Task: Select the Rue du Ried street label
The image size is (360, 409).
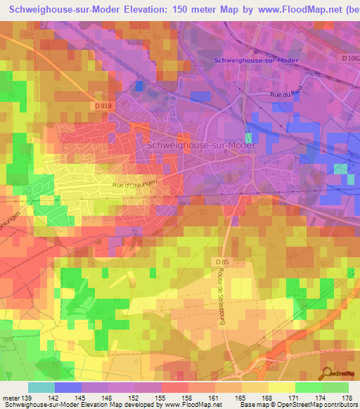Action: [285, 93]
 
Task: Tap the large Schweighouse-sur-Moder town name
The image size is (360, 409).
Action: [201, 145]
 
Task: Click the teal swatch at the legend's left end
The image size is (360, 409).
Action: [41, 388]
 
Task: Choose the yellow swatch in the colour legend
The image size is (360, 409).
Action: [281, 388]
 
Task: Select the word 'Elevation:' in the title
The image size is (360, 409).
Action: [147, 10]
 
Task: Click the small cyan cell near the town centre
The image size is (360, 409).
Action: [247, 136]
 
